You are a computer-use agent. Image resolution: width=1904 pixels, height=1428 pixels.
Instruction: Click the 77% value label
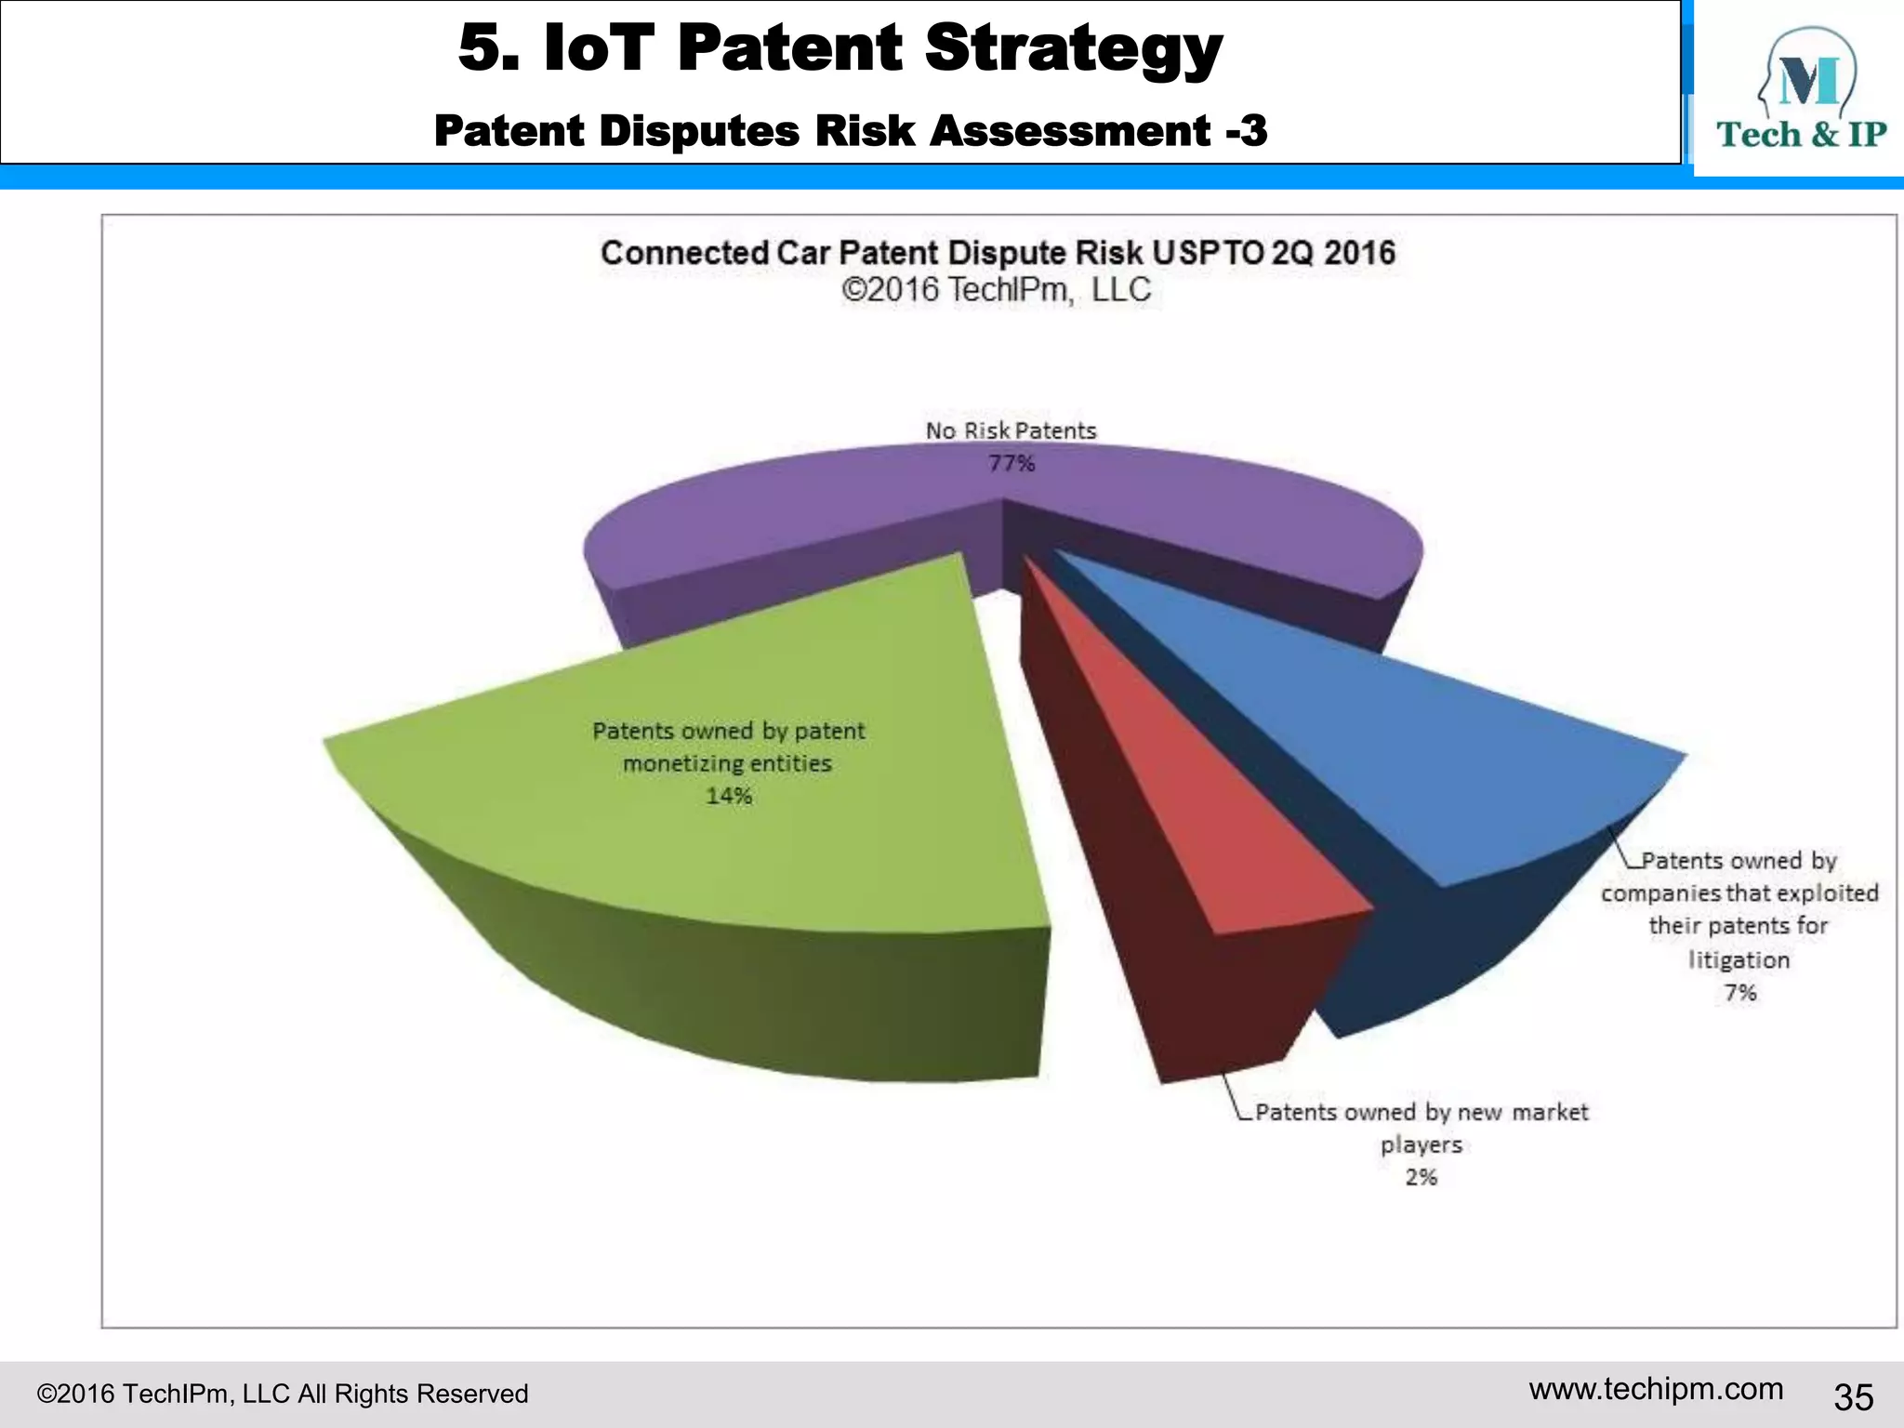(1011, 463)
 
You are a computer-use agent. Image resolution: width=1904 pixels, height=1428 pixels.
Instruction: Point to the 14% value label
(728, 796)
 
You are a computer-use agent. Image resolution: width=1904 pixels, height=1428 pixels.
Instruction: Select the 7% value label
(1739, 993)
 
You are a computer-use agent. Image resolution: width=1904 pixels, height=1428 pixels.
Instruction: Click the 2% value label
(1421, 1177)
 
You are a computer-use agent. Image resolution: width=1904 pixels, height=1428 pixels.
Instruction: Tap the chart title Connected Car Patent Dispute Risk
(997, 253)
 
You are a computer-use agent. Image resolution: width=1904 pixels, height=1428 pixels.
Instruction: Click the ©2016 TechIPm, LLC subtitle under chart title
(997, 290)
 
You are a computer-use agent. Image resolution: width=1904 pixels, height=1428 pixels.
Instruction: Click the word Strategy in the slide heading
(1073, 48)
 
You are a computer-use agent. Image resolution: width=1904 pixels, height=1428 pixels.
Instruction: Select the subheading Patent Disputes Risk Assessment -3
(850, 130)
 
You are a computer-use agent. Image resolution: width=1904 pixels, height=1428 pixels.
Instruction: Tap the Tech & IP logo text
(1801, 135)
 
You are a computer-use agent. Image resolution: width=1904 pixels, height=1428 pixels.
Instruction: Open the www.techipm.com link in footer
(1656, 1389)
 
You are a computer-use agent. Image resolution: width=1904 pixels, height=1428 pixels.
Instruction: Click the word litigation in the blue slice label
(1739, 959)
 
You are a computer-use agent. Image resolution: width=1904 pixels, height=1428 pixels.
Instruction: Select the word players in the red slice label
(1421, 1144)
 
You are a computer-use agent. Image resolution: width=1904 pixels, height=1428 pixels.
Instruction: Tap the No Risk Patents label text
(1011, 430)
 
